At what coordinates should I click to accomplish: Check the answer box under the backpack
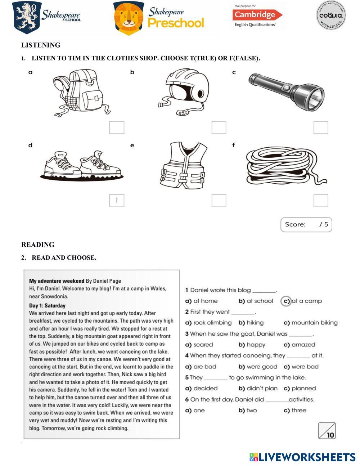[117, 127]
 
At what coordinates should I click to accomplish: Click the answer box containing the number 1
[117, 201]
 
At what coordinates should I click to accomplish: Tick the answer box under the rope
[321, 201]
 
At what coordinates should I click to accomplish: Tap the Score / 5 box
[306, 224]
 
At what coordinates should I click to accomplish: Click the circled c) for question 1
[286, 301]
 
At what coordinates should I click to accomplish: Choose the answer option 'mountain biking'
[314, 323]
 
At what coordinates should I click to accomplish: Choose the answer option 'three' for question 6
[298, 410]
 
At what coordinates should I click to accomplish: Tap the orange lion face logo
[129, 18]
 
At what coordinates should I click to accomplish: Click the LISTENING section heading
[41, 45]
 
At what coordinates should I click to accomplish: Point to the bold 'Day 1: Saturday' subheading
[47, 306]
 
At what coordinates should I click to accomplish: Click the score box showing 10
[327, 431]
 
